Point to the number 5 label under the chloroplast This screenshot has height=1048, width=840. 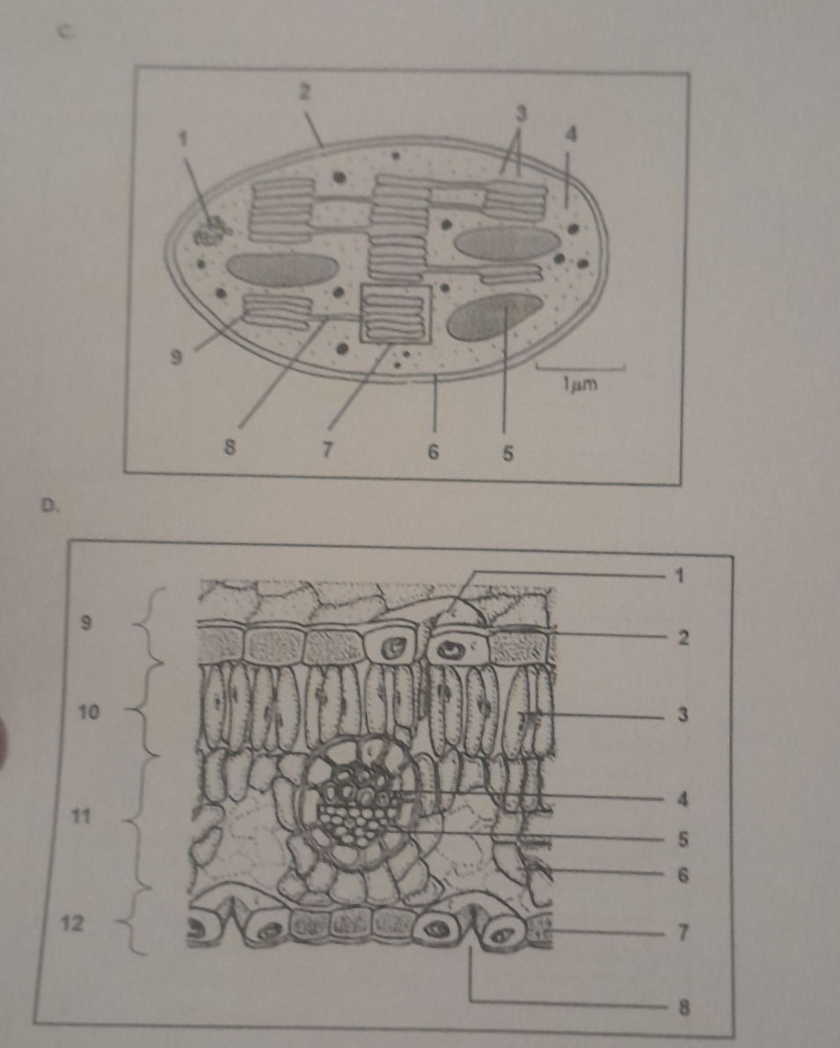point(508,455)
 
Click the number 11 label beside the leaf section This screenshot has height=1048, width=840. point(80,815)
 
